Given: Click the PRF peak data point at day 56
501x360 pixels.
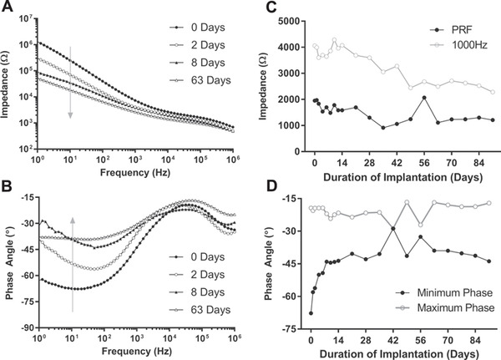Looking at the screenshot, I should (x=424, y=98).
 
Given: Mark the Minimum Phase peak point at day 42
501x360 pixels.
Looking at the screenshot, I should (x=392, y=228).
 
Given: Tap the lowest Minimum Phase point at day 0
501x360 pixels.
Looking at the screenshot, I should (x=311, y=313).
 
